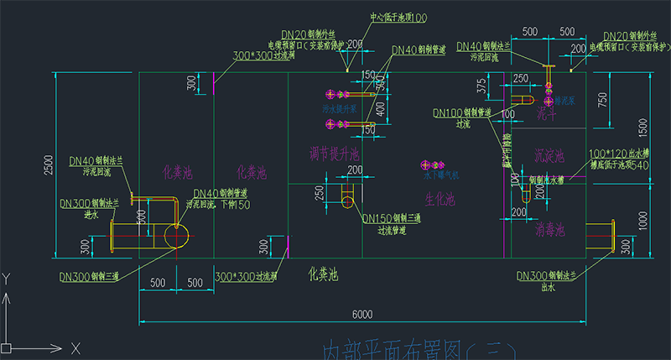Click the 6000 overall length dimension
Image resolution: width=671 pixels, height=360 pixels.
pyautogui.click(x=362, y=315)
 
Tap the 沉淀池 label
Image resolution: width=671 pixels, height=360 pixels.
pyautogui.click(x=549, y=156)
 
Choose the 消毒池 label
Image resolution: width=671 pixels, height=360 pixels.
pyautogui.click(x=549, y=228)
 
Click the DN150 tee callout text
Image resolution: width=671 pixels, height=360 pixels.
pyautogui.click(x=393, y=217)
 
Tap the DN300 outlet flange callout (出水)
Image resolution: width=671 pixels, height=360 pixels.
pyautogui.click(x=550, y=275)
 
